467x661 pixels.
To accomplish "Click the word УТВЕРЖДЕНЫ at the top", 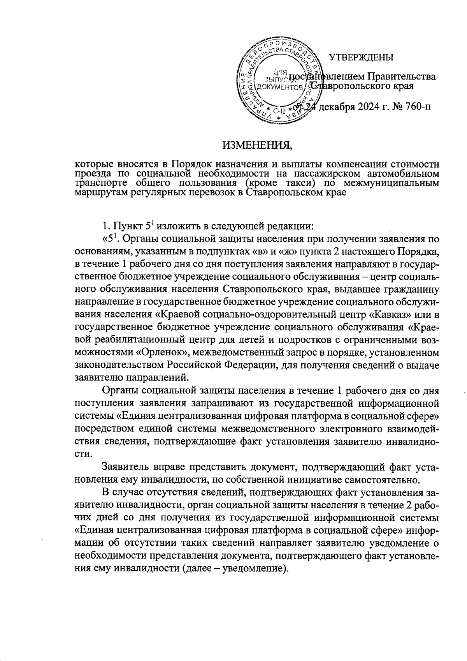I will coord(361,58).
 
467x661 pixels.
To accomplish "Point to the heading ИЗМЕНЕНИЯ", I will coord(257,146).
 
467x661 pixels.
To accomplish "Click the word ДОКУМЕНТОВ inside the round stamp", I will coord(277,87).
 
